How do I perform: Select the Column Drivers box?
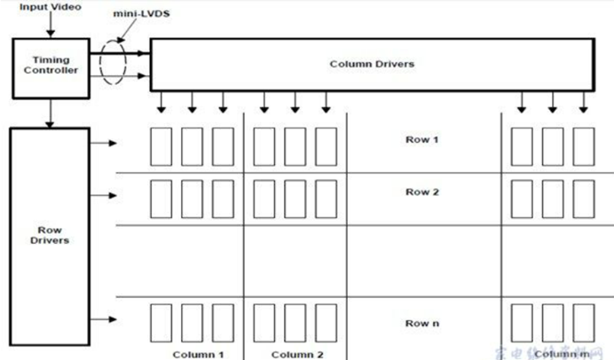[x=371, y=64]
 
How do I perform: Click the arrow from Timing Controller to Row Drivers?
[x=50, y=113]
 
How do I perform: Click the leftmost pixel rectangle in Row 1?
[x=160, y=146]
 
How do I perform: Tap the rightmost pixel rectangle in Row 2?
[x=583, y=198]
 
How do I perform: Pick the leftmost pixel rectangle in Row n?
[x=160, y=323]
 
